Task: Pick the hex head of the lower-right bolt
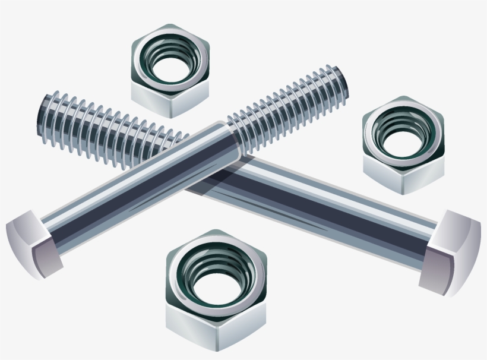pyautogui.click(x=451, y=250)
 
